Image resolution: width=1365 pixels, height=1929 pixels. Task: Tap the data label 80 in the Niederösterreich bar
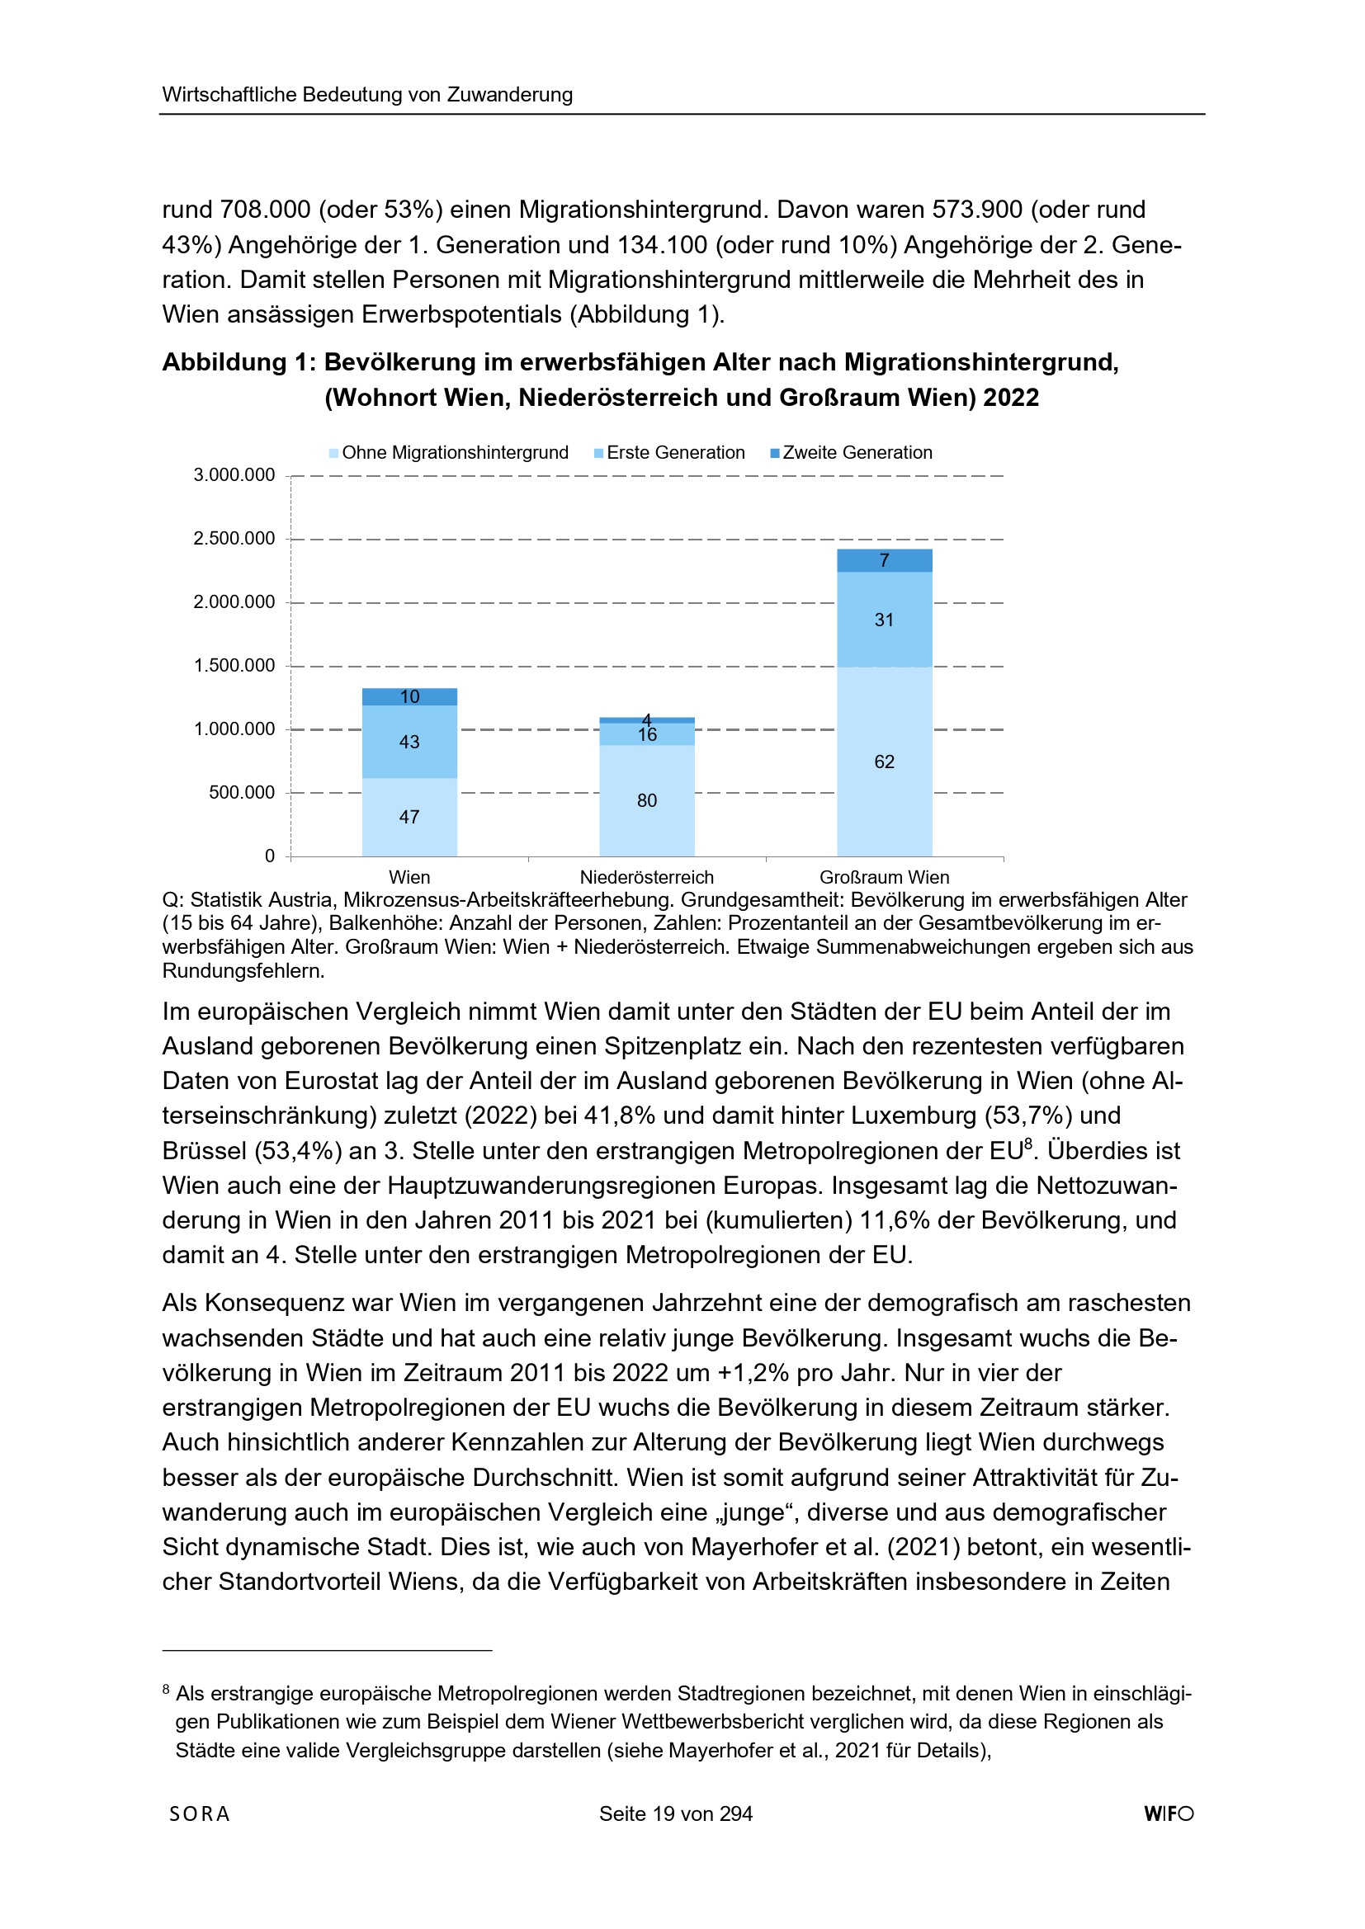(x=646, y=800)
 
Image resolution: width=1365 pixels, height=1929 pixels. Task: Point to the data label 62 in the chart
(x=884, y=762)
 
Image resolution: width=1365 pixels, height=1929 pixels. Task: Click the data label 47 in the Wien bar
(x=409, y=817)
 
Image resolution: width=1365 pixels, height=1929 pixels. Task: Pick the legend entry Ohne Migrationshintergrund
(x=449, y=453)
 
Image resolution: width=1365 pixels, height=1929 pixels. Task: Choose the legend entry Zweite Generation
(x=852, y=453)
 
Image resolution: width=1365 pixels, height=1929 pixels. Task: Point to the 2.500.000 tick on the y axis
(x=234, y=539)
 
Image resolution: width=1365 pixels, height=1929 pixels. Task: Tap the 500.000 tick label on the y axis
(x=242, y=792)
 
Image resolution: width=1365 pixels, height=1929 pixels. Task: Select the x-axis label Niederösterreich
(x=646, y=877)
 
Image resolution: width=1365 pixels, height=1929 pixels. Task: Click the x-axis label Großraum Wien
(x=884, y=877)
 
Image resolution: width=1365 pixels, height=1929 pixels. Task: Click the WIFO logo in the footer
(x=1169, y=1813)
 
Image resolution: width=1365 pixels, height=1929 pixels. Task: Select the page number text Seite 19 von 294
(x=676, y=1813)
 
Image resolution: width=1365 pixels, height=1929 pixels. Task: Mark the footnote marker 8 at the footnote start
(x=167, y=1691)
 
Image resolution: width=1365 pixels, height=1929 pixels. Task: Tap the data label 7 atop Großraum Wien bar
(x=884, y=560)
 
